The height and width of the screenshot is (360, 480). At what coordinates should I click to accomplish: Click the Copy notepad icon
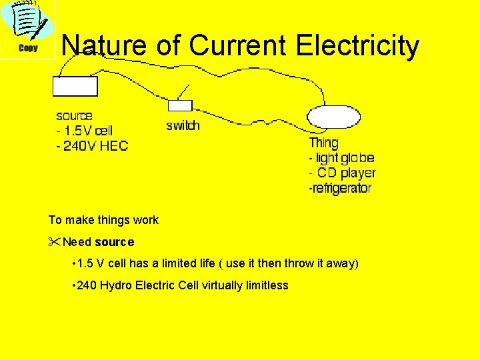click(27, 29)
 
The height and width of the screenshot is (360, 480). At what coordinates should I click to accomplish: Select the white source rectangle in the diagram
click(75, 87)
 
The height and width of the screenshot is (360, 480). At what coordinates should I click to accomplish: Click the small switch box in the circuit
click(180, 105)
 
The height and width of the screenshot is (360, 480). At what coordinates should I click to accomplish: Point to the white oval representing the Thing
click(333, 117)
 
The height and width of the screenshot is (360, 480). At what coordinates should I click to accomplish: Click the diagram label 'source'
click(74, 116)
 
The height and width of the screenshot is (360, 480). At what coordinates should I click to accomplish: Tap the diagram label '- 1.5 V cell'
click(84, 131)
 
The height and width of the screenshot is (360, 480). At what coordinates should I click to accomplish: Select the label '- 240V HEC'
click(92, 145)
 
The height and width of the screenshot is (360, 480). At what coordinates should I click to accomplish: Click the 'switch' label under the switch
click(183, 125)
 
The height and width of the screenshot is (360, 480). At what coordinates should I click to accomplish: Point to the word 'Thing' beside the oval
click(324, 143)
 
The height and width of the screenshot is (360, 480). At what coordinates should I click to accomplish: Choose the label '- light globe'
click(341, 158)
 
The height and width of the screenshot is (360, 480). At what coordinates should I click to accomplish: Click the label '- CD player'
click(342, 173)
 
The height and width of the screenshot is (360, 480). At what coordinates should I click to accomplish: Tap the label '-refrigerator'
click(339, 189)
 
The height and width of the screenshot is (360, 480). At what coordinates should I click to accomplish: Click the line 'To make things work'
click(103, 220)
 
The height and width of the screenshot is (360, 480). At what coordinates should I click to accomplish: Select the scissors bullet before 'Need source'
click(54, 241)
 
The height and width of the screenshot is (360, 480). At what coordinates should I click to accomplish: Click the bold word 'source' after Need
click(114, 242)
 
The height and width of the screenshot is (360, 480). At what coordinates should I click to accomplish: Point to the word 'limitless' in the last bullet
click(266, 285)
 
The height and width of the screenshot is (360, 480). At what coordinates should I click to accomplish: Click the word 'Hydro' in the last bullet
click(115, 285)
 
